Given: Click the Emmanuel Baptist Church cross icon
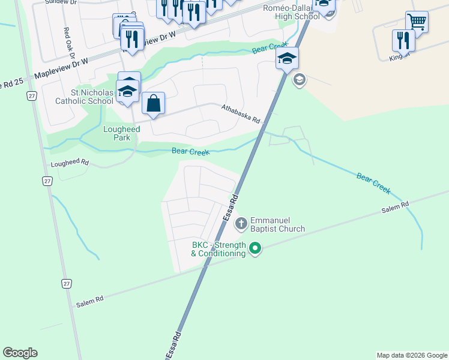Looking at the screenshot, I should (x=241, y=224).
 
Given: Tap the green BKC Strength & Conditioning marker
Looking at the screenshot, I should (x=255, y=248).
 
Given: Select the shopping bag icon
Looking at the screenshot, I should (x=154, y=103).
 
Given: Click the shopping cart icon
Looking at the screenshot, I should (x=417, y=22).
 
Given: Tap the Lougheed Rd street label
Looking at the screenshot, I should (x=70, y=163).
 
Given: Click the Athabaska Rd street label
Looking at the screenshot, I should (x=240, y=114).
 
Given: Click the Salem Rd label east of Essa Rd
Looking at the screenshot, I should (x=396, y=208).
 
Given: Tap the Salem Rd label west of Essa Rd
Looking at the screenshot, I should (x=90, y=302).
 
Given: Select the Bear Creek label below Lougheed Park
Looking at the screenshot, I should (x=190, y=152).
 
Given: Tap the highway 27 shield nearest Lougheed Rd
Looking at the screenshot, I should (x=47, y=181).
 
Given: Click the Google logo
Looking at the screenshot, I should (x=20, y=353).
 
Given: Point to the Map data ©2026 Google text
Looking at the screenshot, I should (x=412, y=355).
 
